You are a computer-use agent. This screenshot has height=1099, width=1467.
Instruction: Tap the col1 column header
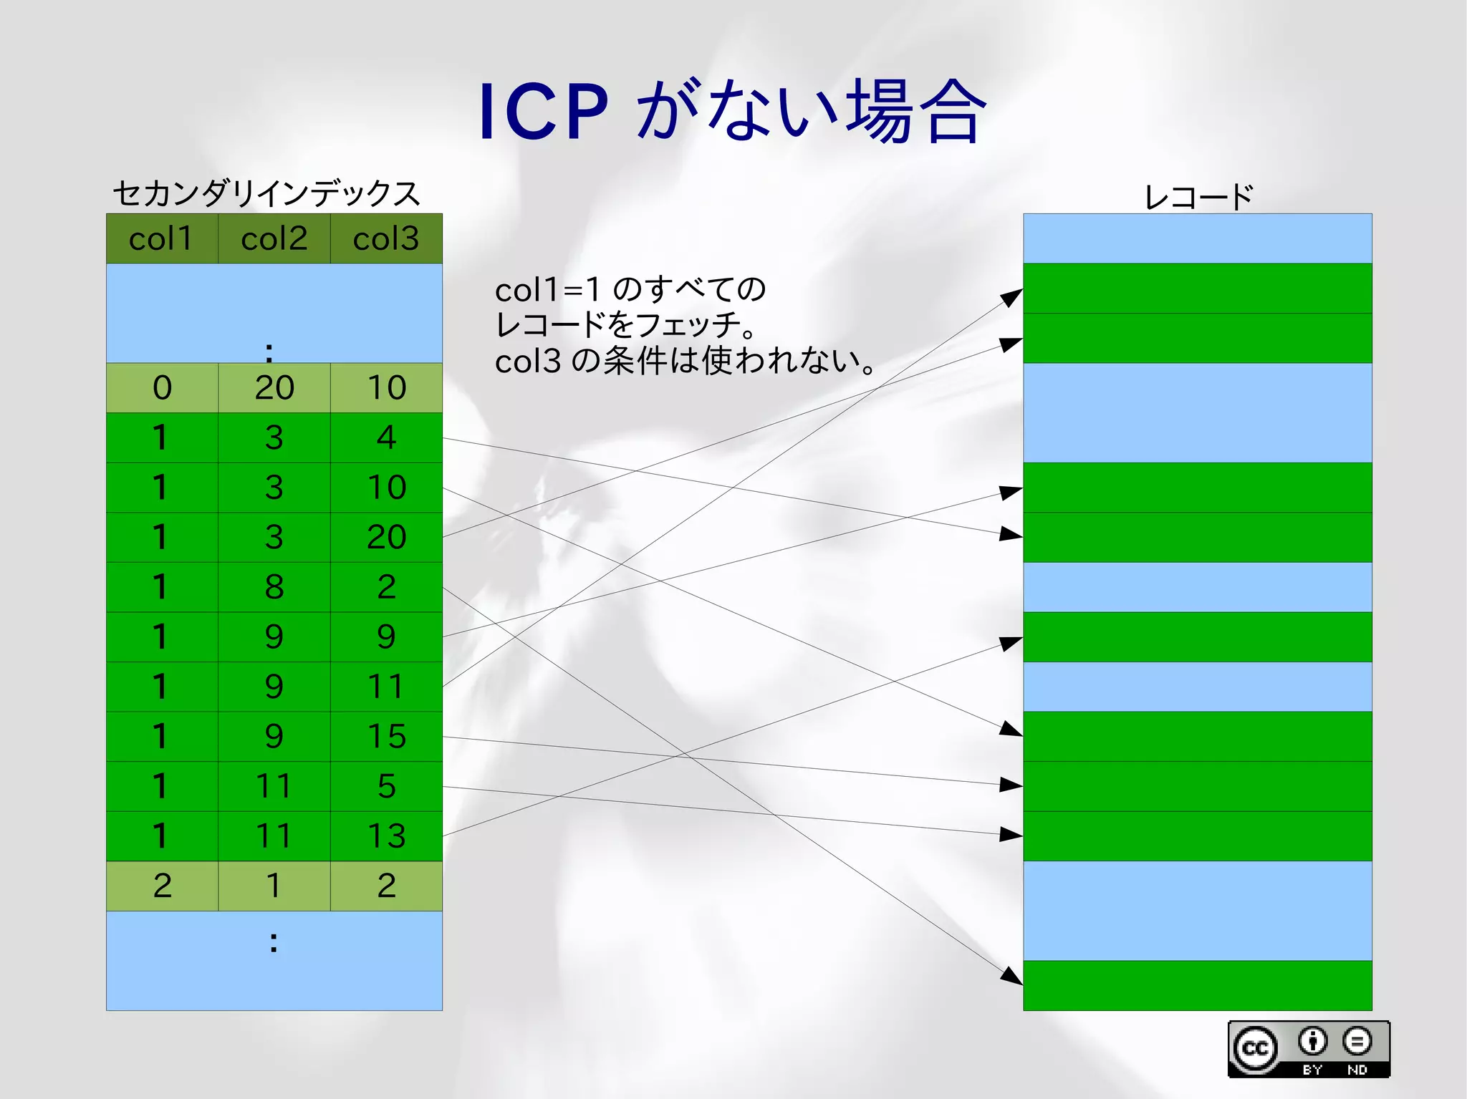[x=162, y=239]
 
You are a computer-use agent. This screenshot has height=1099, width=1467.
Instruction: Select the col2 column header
[x=274, y=239]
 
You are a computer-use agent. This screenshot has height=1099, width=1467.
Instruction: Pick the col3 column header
[x=386, y=239]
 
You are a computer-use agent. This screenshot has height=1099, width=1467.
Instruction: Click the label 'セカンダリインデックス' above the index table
[x=266, y=193]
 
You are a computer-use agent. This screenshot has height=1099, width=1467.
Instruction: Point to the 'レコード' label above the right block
[x=1198, y=197]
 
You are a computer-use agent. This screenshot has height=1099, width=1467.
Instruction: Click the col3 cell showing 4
[x=386, y=437]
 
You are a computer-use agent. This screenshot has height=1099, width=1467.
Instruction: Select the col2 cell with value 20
[x=274, y=388]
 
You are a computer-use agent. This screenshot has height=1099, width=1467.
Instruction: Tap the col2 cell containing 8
[x=274, y=587]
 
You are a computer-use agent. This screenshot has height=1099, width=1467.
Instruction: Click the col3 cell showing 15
[x=386, y=736]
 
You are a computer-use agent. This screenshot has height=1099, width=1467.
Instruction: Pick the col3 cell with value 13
[x=386, y=836]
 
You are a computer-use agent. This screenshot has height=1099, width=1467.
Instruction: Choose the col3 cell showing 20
[x=386, y=537]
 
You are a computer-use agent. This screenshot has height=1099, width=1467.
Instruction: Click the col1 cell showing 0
[x=162, y=388]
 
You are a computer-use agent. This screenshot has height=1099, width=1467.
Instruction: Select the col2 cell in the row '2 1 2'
[x=274, y=886]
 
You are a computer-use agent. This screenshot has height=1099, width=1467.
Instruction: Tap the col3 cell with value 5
[x=386, y=786]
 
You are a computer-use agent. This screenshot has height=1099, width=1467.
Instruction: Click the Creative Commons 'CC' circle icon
[x=1255, y=1049]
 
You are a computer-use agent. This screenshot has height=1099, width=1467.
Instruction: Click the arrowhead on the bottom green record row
[x=1012, y=976]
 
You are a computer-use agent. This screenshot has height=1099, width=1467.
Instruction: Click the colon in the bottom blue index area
[x=274, y=942]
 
